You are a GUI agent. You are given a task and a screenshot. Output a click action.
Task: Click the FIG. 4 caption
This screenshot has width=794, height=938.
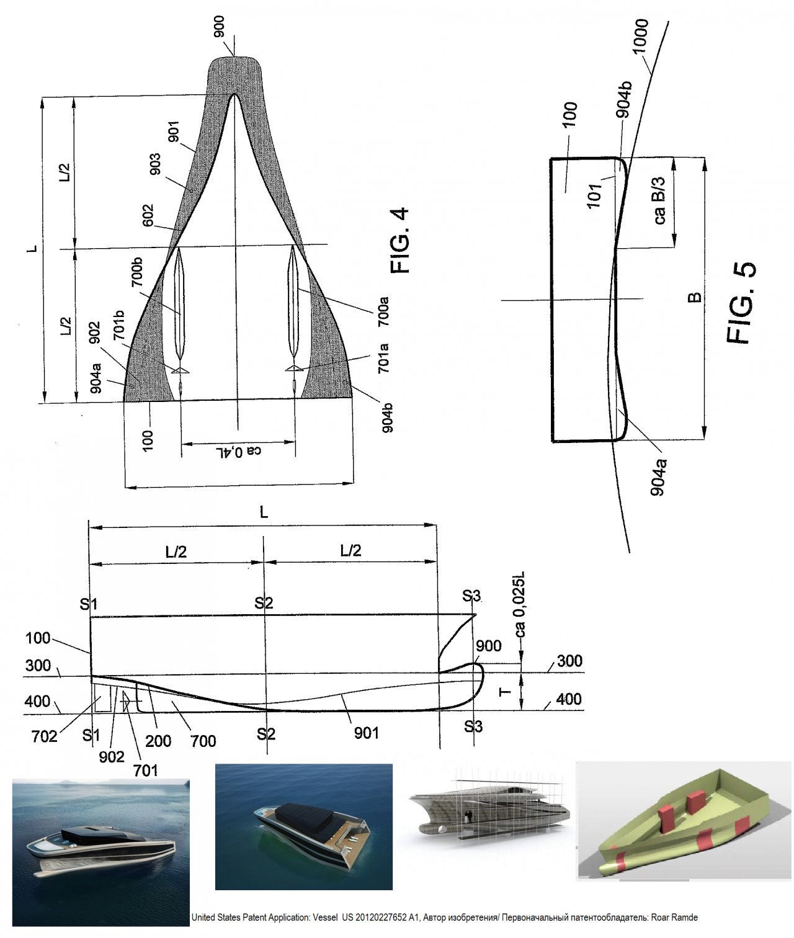[x=399, y=241]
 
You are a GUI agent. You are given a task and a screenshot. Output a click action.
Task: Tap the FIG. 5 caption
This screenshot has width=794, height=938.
[x=741, y=303]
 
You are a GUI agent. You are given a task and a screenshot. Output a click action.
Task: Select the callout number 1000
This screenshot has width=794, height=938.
[x=640, y=36]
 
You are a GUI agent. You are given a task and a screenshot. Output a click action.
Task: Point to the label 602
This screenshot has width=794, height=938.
[x=148, y=216]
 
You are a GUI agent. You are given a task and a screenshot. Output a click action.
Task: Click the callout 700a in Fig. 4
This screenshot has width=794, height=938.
[x=383, y=312]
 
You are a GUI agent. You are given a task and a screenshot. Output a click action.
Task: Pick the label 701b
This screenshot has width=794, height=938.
[x=119, y=325]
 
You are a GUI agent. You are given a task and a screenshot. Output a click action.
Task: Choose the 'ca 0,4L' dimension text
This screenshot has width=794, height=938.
[x=238, y=450]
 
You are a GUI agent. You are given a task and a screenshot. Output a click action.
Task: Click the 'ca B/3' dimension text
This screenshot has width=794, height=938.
[x=659, y=200]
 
